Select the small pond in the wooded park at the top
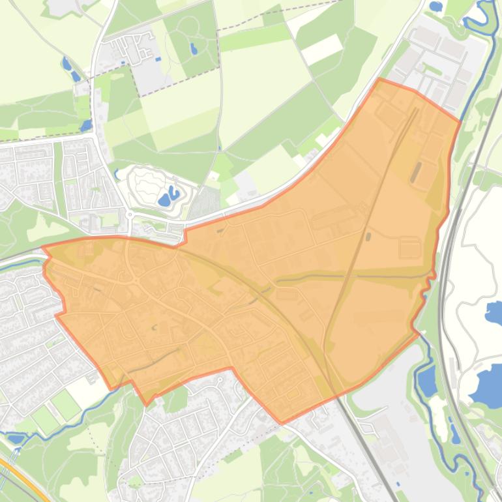(194, 48)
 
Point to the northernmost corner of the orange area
(380, 80)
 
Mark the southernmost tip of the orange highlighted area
(282, 423)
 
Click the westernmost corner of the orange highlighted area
(43, 248)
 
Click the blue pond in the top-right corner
(436, 7)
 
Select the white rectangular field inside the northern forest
(322, 49)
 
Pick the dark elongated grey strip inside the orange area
(415, 172)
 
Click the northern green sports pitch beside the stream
(66, 404)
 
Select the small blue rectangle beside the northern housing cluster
(158, 59)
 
